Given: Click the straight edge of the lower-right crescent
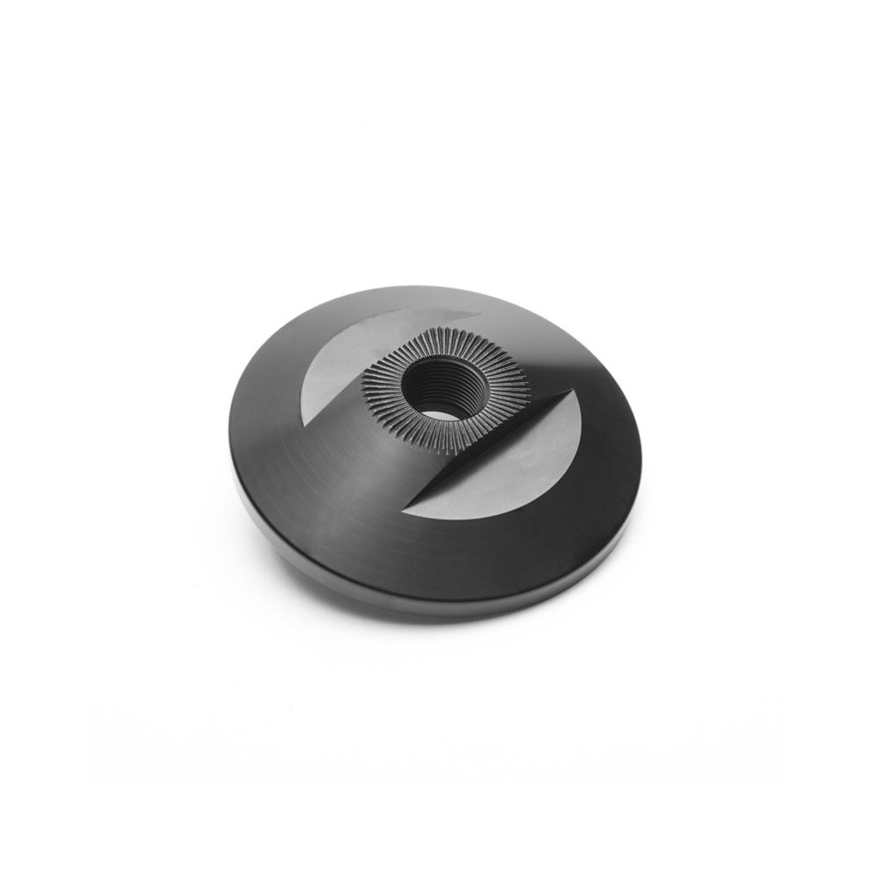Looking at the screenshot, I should click(x=487, y=452).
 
